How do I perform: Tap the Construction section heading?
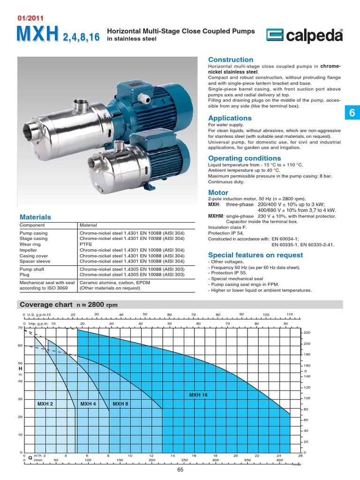click(230, 60)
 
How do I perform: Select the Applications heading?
click(230, 118)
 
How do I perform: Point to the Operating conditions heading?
click(244, 158)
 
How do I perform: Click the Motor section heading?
click(218, 193)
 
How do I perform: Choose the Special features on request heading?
click(255, 255)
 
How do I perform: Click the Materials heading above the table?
click(35, 217)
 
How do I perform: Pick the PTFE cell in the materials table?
click(85, 244)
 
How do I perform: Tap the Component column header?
click(32, 225)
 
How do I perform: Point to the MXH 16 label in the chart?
click(198, 395)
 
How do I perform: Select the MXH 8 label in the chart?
click(120, 404)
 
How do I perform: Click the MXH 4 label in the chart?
click(88, 404)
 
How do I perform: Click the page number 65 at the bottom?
click(180, 471)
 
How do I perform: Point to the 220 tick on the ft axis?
click(307, 333)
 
